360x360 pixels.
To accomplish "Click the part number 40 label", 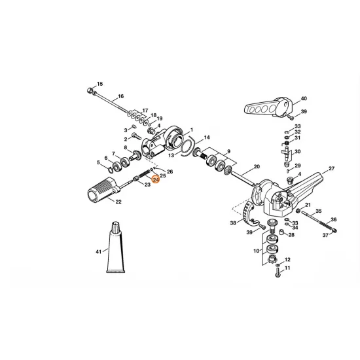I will coord(303,99).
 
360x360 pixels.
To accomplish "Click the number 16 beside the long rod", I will coord(120,97).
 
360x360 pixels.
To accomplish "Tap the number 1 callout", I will coord(192,130).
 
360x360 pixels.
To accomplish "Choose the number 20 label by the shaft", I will coord(257,167).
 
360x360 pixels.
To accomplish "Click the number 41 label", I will coord(98,251).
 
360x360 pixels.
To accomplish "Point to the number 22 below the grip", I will coord(118,202).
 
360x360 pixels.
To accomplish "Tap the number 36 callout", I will coord(333,219).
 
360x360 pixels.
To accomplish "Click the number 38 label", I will coord(233,223).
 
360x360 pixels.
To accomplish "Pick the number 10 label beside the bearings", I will coord(255,251).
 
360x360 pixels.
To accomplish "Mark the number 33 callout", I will coord(297,126).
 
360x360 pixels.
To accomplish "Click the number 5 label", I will coord(99,162).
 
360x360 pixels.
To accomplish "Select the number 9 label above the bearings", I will coord(228,151).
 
